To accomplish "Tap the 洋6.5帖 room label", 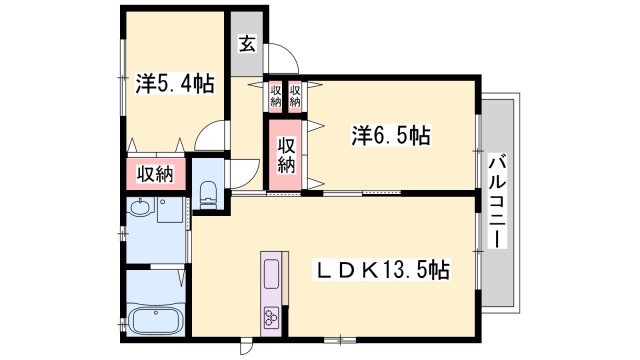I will (389, 134).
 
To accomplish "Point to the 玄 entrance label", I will (246, 43).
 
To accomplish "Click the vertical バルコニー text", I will (497, 203).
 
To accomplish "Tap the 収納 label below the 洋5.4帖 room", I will (155, 173).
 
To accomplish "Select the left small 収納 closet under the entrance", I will (275, 96).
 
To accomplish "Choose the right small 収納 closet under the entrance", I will (296, 96).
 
